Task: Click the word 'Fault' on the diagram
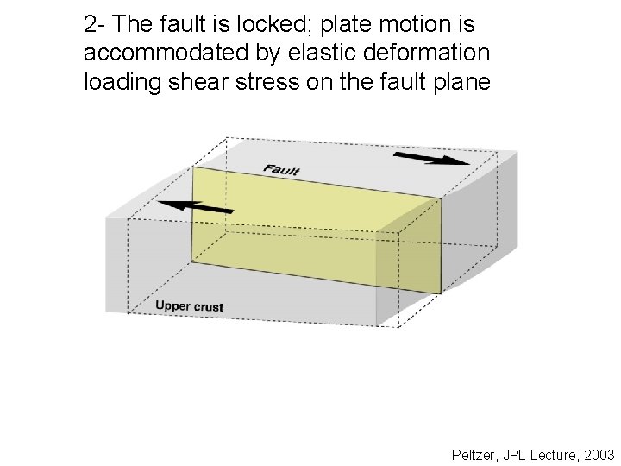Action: (x=281, y=169)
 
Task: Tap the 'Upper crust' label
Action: (x=189, y=306)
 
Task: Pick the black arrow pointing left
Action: (x=198, y=206)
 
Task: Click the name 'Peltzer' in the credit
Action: (x=474, y=454)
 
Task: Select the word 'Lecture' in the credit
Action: (x=552, y=454)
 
